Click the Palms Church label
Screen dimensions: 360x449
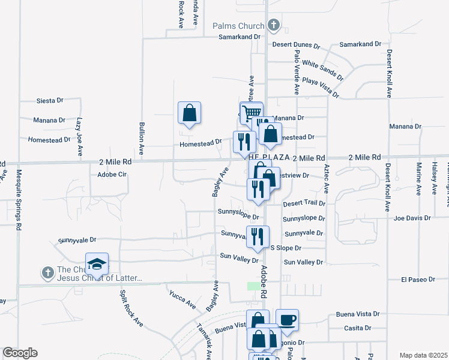tap(238, 26)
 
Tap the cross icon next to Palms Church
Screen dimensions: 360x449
tap(274, 25)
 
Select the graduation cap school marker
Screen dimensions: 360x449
tap(97, 263)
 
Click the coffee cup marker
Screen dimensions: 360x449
tap(287, 320)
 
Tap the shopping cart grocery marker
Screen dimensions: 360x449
tap(252, 112)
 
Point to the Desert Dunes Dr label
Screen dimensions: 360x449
tap(292, 44)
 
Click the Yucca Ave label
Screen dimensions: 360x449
tap(182, 298)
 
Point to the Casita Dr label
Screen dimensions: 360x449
tap(357, 328)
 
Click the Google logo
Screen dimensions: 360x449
tap(20, 353)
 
